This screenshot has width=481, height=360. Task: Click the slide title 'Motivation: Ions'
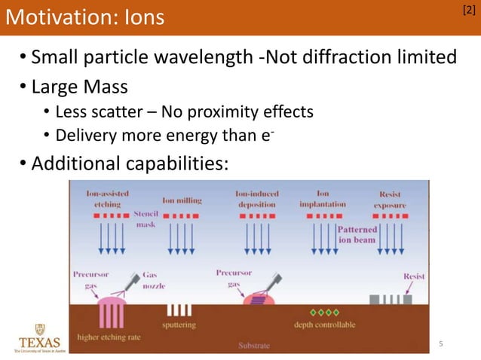click(84, 17)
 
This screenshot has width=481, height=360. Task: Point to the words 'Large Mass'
click(79, 87)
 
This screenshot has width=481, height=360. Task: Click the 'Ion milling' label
click(181, 201)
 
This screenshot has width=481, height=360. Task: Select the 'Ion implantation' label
click(323, 198)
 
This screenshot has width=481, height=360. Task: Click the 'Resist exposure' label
click(390, 200)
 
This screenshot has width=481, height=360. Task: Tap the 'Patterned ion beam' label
click(357, 234)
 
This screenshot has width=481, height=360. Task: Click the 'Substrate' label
click(254, 346)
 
